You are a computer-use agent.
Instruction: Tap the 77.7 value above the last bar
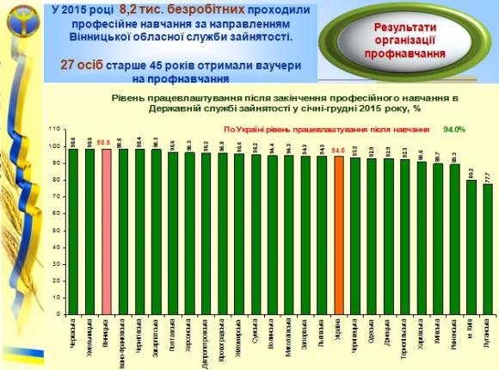[x=488, y=176]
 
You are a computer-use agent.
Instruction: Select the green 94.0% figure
[x=453, y=130]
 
